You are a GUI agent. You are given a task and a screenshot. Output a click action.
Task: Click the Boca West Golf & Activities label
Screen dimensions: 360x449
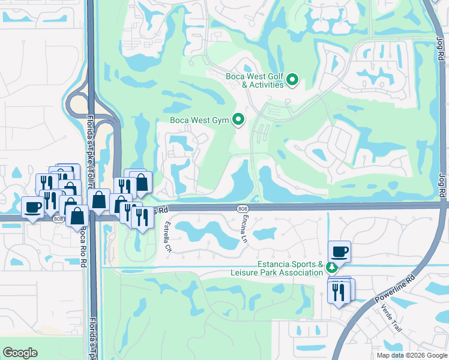pos(255,80)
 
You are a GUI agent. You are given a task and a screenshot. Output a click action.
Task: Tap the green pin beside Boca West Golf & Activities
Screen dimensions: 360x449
pos(292,79)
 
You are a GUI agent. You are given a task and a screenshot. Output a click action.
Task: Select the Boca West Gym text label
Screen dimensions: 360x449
pos(200,120)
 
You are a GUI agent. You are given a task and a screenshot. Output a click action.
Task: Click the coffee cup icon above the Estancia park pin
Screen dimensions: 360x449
pos(339,251)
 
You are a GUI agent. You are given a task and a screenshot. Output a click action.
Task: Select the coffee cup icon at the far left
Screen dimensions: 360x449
pos(34,207)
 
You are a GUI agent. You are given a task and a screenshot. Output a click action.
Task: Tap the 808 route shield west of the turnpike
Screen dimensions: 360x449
pos(58,220)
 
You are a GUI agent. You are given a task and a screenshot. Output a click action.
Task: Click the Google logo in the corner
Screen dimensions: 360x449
pos(20,353)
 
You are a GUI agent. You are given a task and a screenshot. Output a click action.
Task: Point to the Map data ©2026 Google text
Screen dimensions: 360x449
pos(411,355)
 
